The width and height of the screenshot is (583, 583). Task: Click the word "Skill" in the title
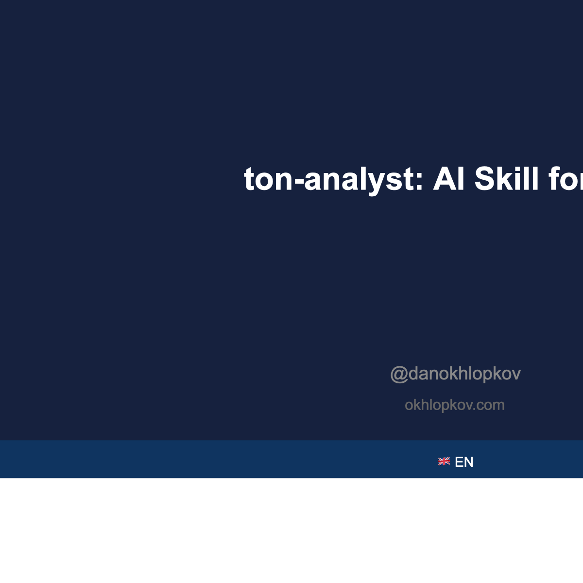[507, 179]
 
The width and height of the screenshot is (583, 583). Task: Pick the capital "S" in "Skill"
[485, 179]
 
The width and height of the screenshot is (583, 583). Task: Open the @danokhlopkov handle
[455, 374]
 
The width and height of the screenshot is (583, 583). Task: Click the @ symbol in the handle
[399, 374]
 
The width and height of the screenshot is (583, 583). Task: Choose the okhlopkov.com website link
[454, 405]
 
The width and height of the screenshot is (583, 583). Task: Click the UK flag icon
[444, 462]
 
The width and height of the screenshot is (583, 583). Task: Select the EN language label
[464, 462]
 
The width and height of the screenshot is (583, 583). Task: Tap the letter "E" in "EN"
[459, 462]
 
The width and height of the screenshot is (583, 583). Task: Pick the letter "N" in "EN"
[468, 462]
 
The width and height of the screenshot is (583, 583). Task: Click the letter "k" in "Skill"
[504, 179]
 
